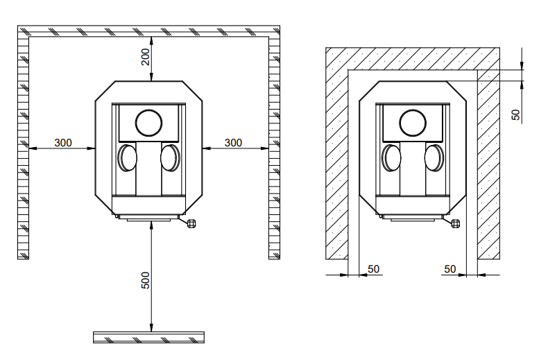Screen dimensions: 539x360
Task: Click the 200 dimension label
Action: [x=146, y=57]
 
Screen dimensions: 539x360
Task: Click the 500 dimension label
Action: [x=146, y=280]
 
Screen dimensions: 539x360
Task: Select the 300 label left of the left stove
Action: [x=63, y=143]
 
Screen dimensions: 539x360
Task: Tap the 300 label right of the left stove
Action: [x=233, y=143]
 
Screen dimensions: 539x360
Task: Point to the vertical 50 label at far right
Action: [x=516, y=115]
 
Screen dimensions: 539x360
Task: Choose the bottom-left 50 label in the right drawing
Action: [x=374, y=269]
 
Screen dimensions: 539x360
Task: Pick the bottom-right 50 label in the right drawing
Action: [x=450, y=269]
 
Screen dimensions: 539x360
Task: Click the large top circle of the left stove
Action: [x=149, y=123]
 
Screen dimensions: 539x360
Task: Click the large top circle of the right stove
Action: [x=413, y=123]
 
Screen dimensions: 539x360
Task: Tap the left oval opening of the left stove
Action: [x=128, y=158]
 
